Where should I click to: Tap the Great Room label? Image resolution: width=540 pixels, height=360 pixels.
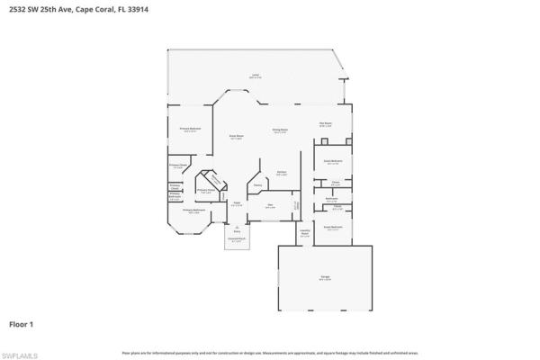tap(236, 137)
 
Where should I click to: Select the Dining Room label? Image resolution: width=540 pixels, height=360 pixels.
tap(280, 130)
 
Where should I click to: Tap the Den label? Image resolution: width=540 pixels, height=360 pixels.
tap(269, 205)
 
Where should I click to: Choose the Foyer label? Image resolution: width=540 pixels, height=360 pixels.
tap(238, 203)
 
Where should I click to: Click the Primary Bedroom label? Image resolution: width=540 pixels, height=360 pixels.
tap(190, 130)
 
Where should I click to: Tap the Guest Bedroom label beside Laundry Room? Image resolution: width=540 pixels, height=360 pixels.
tap(333, 228)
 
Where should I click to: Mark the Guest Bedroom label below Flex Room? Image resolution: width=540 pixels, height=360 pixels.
tap(333, 162)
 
